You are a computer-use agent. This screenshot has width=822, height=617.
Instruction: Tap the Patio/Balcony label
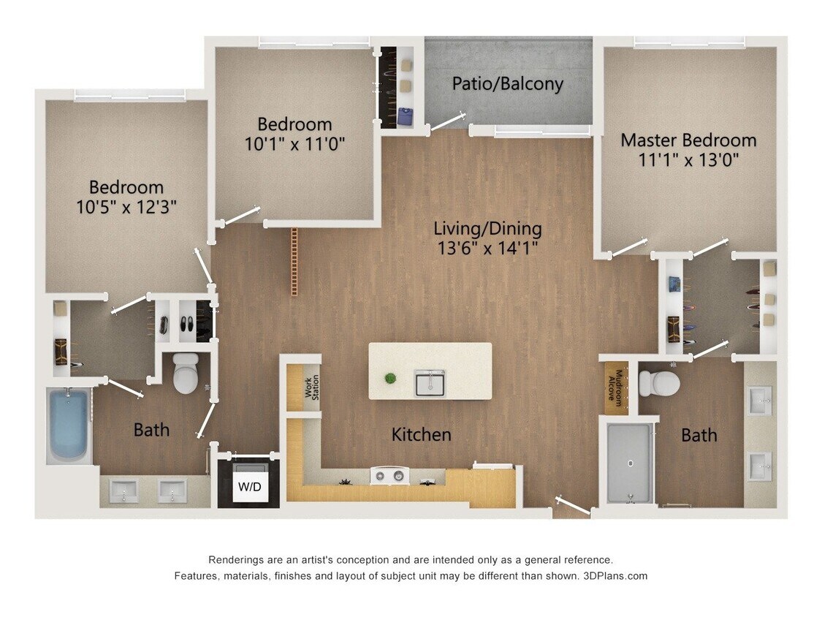point(507,83)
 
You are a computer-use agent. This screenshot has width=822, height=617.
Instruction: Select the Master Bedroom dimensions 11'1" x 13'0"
point(688,159)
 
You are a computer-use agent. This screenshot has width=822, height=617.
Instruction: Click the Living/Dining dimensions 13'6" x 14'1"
point(487,248)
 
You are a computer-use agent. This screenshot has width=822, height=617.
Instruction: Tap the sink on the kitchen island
point(430,382)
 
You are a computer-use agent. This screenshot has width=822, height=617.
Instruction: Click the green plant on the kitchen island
point(391,378)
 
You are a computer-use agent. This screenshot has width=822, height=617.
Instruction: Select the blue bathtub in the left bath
point(68,425)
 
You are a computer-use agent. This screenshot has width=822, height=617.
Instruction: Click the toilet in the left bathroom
point(186,374)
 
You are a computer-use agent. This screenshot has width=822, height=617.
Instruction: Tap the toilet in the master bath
point(659,382)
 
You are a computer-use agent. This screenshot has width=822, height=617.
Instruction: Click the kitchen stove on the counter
point(389,477)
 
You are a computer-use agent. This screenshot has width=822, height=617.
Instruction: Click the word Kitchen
point(421,434)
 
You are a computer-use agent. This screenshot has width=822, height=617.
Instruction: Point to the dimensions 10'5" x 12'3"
point(126,207)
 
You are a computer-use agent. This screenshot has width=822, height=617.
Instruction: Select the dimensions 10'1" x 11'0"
point(294,143)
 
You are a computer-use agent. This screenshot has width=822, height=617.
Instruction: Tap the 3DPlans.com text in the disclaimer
point(614,576)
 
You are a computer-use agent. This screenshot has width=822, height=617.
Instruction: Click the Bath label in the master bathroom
point(699,435)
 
